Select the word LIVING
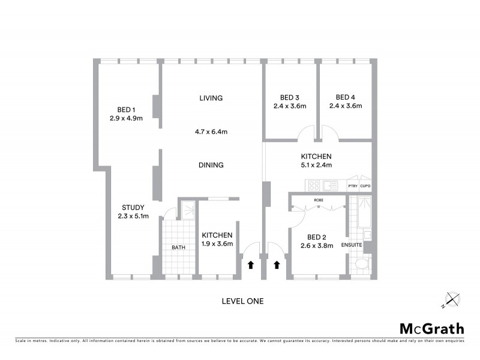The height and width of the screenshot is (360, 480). (x=211, y=98)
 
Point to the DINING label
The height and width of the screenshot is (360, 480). (x=211, y=165)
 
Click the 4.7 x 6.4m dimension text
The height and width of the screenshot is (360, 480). (x=211, y=131)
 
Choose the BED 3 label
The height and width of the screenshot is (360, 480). (x=290, y=98)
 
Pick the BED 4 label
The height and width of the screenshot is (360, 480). (x=345, y=98)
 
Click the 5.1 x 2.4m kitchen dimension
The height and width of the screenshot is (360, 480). (x=316, y=165)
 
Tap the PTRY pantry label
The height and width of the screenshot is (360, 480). (x=353, y=187)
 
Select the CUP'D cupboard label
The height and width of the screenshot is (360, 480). (x=365, y=187)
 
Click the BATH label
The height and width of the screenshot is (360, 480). (x=179, y=247)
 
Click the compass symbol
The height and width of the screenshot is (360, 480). (x=451, y=298)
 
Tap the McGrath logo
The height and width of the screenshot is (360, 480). (x=432, y=328)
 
